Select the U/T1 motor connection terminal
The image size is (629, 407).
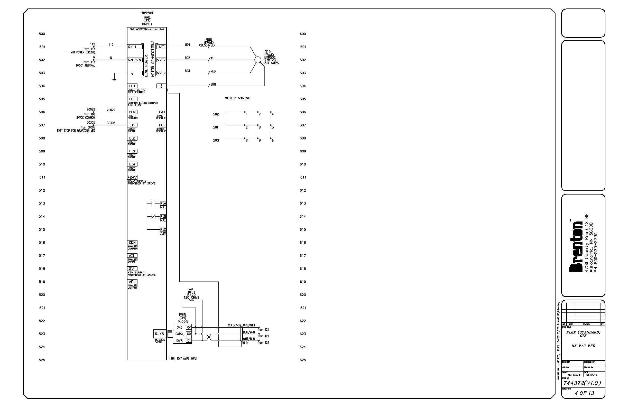pos(161,47)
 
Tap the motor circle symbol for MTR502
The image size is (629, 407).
pos(258,60)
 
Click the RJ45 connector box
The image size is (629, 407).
pos(159,334)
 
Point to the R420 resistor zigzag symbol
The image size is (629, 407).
pos(191,300)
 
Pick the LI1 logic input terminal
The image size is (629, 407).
pos(132,125)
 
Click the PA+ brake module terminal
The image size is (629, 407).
pos(162,112)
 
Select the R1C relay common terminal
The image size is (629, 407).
pos(163,229)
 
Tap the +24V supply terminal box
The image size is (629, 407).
pos(132,177)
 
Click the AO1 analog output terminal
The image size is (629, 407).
pos(132,281)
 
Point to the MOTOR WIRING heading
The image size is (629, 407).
pos(237,98)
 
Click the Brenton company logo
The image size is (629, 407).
pos(576,247)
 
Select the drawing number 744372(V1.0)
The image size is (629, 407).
pos(582,383)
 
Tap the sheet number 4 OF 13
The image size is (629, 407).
pos(584,393)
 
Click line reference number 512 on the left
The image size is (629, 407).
pos(42,190)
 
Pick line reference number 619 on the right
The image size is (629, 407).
pos(303,282)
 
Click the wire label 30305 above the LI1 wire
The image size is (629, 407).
pos(111,123)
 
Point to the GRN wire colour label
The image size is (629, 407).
pos(213,84)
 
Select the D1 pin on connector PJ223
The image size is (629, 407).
pos(189,340)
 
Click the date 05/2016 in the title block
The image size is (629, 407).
pos(591,375)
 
